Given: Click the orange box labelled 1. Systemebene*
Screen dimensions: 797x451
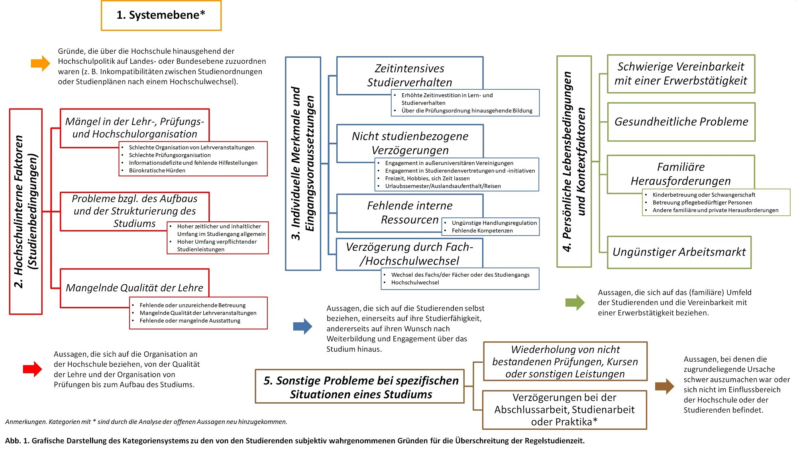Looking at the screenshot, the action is (x=161, y=16).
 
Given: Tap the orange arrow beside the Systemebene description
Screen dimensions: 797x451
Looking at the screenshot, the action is (x=41, y=63).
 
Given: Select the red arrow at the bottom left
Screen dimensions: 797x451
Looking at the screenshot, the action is (x=33, y=369).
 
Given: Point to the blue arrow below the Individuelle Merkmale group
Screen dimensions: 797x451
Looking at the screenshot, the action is (x=303, y=327).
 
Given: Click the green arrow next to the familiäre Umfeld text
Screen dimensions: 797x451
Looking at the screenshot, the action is (x=575, y=302).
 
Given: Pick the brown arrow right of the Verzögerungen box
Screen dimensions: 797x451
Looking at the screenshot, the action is (x=665, y=386).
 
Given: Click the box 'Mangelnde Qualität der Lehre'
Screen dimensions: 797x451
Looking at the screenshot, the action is (x=135, y=288).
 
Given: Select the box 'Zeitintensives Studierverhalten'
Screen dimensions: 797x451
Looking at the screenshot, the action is (x=410, y=76).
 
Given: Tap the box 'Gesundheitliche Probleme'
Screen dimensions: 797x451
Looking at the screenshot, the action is (x=681, y=122).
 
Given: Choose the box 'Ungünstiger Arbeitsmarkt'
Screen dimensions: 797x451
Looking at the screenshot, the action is (x=679, y=252).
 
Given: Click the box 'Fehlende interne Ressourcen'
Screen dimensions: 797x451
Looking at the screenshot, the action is (x=410, y=213).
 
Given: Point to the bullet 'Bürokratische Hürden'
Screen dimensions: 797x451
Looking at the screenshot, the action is (x=157, y=171).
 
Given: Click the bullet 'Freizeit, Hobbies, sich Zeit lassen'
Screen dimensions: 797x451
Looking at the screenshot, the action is (x=427, y=179).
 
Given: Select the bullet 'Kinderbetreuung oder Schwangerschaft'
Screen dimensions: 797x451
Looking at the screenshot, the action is (x=704, y=195).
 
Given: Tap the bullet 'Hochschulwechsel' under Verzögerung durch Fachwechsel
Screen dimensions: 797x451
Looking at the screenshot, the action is (x=415, y=283).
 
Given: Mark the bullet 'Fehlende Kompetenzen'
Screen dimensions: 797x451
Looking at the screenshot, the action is (x=482, y=231).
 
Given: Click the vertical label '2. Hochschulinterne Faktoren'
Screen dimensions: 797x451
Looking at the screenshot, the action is (x=19, y=211).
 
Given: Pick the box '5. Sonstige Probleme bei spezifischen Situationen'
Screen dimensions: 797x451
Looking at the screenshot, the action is (x=360, y=387).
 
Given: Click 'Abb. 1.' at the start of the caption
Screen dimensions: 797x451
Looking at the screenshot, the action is (x=17, y=441).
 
